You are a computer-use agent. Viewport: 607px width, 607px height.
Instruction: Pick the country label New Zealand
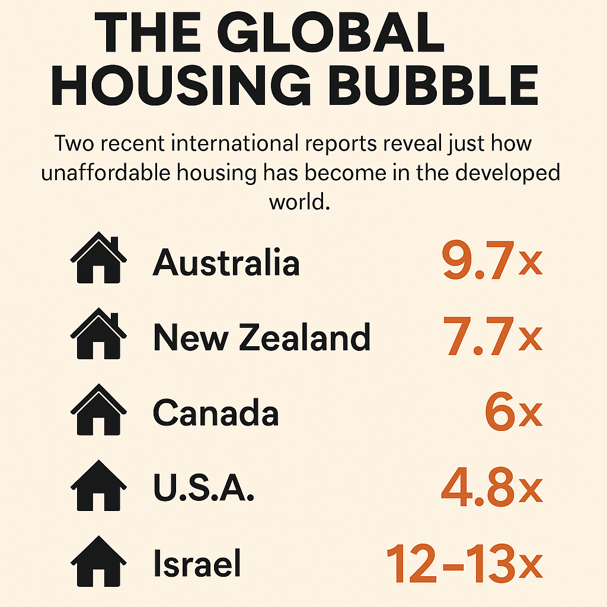[x=261, y=337]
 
